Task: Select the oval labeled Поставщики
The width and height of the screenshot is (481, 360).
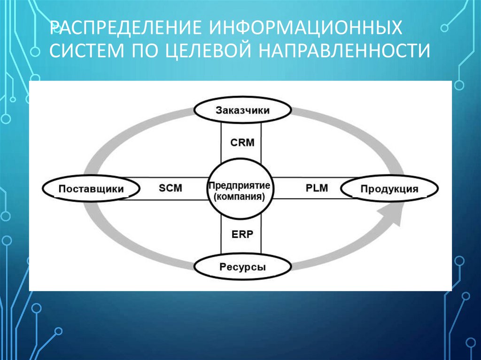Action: click(91, 189)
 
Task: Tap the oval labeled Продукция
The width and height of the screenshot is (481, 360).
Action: click(389, 189)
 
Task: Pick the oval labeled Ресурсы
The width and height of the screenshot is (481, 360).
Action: click(242, 268)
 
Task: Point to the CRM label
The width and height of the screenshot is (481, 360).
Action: click(242, 142)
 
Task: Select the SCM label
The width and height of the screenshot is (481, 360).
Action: click(170, 188)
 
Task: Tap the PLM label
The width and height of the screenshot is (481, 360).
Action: click(316, 188)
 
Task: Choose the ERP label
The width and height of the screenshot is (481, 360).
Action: click(242, 235)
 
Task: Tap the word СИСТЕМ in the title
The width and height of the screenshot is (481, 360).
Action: click(85, 51)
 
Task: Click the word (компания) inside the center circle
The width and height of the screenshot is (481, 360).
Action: click(242, 197)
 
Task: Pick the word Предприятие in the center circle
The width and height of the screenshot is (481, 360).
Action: click(242, 185)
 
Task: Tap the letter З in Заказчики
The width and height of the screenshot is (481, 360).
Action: click(219, 111)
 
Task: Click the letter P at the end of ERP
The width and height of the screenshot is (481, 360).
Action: click(250, 235)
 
